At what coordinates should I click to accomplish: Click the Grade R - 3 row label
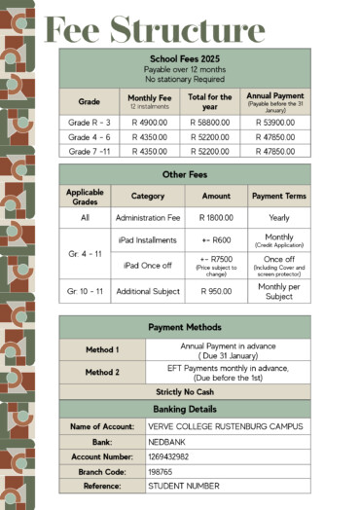pos(89,124)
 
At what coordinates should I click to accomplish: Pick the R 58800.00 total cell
pos(209,124)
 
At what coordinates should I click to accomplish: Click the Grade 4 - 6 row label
pos(89,138)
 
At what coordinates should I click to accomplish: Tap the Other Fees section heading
pos(185,174)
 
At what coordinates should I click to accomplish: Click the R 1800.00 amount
pos(215,218)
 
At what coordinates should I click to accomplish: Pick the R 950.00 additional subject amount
pos(215,290)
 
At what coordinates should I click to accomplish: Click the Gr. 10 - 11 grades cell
pos(86,290)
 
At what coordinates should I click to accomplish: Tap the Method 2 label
pos(102,372)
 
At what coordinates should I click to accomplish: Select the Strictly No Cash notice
pos(185,391)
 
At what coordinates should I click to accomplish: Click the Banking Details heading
pos(185,409)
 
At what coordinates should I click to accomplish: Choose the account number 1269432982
pos(169,456)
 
